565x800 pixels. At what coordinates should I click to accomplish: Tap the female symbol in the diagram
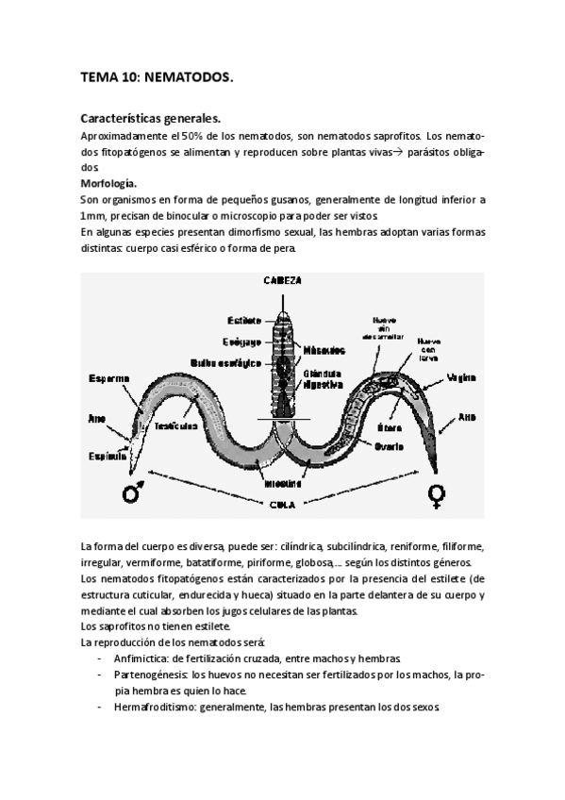click(437, 492)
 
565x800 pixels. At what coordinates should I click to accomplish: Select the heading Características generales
click(151, 120)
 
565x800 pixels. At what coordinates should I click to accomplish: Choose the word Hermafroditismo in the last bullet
click(153, 707)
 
